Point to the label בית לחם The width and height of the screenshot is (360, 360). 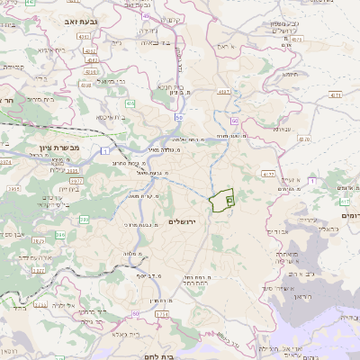click(189, 354)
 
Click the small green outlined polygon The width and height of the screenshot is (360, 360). click(221, 202)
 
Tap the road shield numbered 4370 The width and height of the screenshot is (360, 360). click(302, 139)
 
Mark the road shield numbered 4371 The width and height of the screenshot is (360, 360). click(335, 94)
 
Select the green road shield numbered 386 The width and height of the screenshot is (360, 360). click(84, 219)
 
